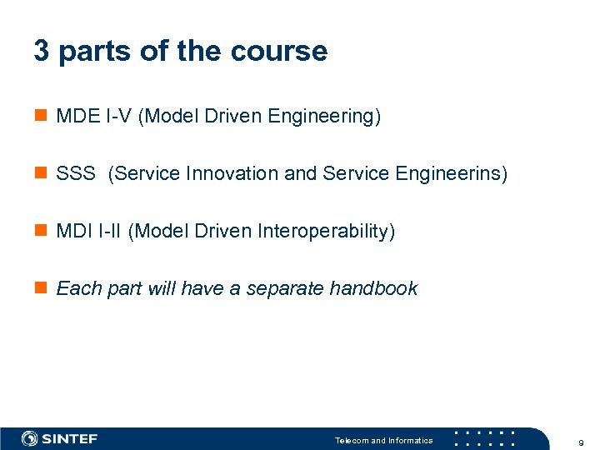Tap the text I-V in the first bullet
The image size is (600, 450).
(117, 117)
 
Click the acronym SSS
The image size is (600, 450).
(76, 174)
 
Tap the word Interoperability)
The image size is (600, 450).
(327, 231)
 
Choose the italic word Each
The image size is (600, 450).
(77, 288)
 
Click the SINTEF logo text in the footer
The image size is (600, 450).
(69, 439)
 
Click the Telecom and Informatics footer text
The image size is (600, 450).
(383, 440)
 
